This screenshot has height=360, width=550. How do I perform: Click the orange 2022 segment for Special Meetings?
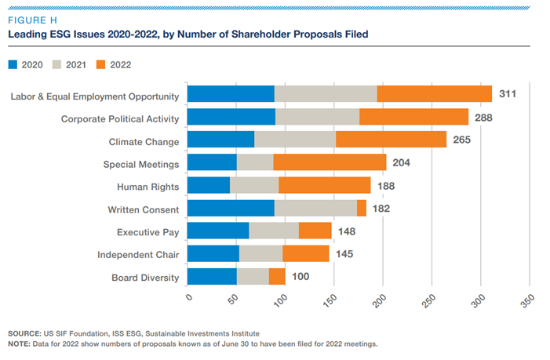[330, 162]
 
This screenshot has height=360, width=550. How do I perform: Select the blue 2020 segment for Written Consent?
[231, 208]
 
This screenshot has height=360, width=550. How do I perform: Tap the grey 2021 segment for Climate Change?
[295, 140]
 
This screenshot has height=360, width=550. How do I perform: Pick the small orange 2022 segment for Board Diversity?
[277, 276]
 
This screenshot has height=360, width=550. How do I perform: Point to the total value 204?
[401, 162]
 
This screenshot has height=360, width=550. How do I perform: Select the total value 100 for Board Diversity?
[300, 276]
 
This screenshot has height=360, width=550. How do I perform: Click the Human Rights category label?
[148, 186]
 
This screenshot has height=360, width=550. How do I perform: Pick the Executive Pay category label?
[148, 231]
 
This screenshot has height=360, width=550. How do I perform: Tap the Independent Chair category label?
[138, 254]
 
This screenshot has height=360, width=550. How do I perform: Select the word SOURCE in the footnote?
[24, 333]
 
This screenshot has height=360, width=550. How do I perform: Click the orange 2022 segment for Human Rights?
[324, 185]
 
